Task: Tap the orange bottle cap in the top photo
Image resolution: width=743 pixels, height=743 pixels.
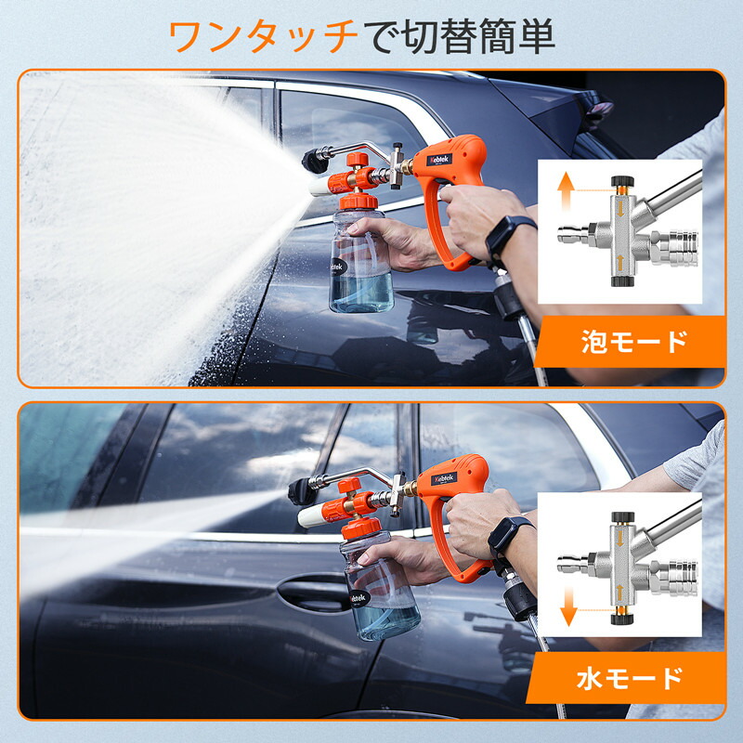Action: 360,202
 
